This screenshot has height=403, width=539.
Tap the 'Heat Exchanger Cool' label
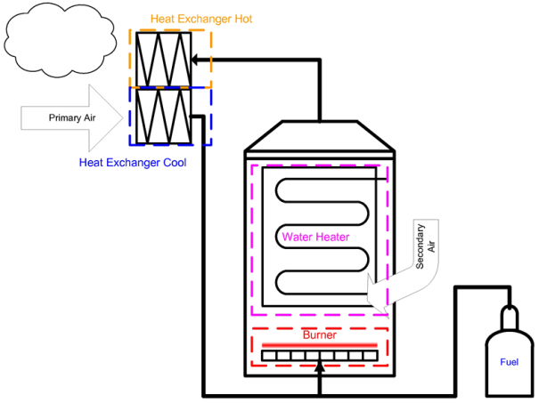click(x=133, y=162)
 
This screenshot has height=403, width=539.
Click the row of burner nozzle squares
click(x=319, y=358)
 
